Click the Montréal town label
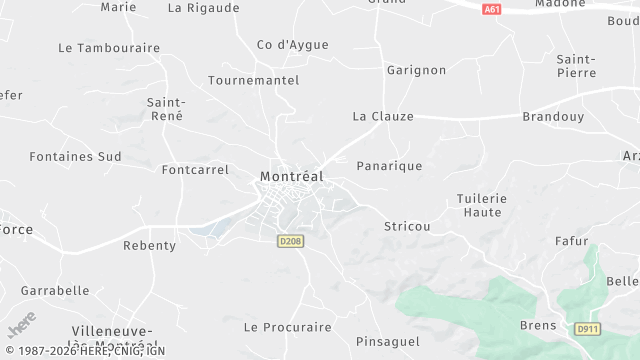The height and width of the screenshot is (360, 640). [x=291, y=176]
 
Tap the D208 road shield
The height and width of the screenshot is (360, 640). [x=290, y=240]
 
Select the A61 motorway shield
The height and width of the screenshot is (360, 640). [x=491, y=9]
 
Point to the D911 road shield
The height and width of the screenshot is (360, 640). [x=587, y=329]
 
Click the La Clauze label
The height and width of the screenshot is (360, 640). [x=383, y=116]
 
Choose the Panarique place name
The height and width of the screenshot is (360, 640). [x=389, y=166]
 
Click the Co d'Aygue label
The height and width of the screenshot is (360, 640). [x=293, y=44]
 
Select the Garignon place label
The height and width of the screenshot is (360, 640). [x=416, y=70]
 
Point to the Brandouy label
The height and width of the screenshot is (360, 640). [x=553, y=116]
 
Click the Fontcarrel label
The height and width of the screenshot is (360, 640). [x=195, y=170]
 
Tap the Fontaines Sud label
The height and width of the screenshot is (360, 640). [x=75, y=156]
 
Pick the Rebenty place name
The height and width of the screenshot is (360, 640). [x=149, y=245]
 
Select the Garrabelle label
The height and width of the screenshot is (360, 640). [x=55, y=290]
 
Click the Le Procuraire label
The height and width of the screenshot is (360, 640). [x=287, y=327]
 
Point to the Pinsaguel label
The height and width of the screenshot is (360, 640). [x=388, y=341]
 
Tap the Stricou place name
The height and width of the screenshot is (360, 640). [x=407, y=226]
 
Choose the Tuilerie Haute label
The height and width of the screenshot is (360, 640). [x=482, y=205]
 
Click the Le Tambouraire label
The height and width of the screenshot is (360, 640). [x=109, y=47]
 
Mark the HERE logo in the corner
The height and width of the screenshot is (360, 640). [x=21, y=326]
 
